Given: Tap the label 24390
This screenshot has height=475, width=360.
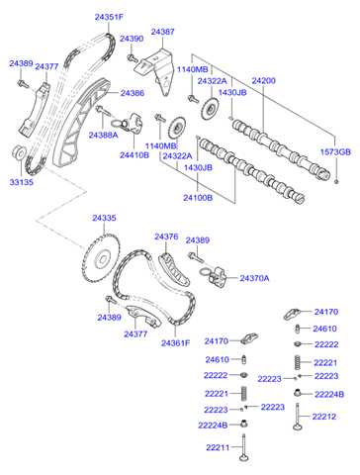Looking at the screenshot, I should point(132,39).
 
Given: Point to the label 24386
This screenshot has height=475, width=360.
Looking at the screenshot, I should point(133,93).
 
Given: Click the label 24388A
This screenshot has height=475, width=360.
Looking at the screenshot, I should point(104,135).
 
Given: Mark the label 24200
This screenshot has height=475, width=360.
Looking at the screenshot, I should point(264,79).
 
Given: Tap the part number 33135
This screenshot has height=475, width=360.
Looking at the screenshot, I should point(22,181).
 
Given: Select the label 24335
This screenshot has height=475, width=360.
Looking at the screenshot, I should point(104,217).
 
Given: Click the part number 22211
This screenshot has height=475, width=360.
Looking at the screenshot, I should point(219,447).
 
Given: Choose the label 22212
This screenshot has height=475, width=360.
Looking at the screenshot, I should point(325,417).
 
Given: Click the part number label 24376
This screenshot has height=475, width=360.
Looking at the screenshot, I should point(166,237).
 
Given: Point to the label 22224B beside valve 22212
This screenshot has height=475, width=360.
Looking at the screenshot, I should point(328,395).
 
